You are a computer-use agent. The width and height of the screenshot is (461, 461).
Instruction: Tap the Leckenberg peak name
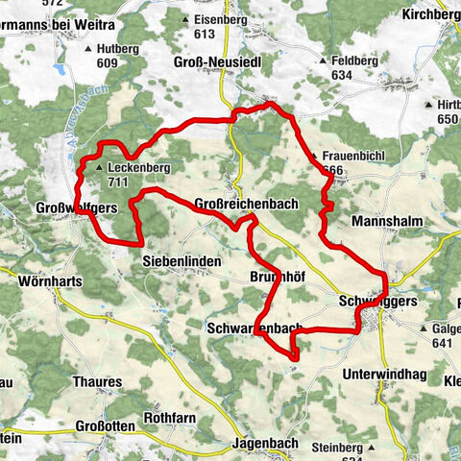point(139,167)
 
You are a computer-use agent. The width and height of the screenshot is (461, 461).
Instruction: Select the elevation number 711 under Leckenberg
point(118,182)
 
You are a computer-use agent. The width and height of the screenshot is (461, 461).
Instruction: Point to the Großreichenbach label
point(246,204)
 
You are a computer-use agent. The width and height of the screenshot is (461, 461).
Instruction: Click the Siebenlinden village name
point(182,260)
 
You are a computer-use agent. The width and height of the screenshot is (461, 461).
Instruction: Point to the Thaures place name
point(97,380)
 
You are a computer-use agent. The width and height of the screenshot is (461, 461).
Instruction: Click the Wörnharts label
point(51,282)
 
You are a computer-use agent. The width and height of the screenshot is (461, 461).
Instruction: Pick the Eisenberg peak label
point(220,18)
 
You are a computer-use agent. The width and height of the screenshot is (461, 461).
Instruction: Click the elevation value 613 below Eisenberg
point(203,34)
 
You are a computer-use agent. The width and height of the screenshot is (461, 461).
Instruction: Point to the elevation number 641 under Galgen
point(443,343)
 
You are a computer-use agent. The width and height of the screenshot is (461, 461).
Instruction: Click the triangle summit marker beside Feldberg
point(324,60)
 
